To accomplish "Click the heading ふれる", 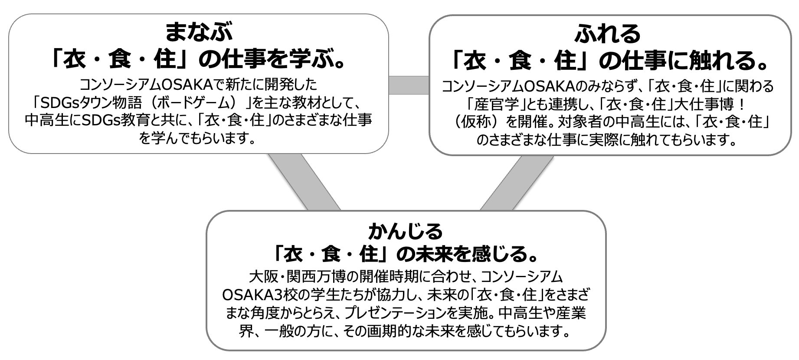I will point(608,33).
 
